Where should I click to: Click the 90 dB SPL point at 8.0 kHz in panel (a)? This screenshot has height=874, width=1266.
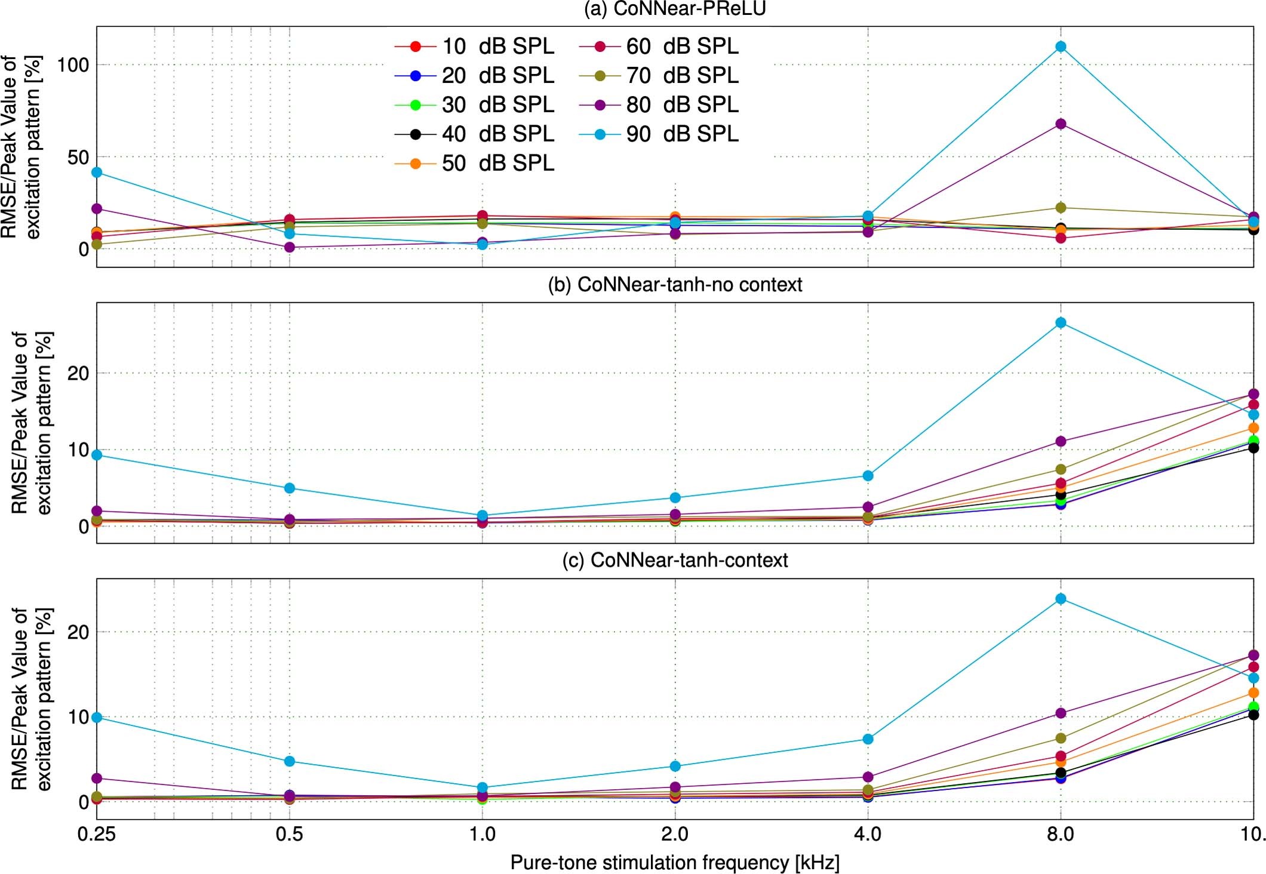coord(1061,47)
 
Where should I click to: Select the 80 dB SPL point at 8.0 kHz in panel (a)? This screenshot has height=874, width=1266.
coord(1061,124)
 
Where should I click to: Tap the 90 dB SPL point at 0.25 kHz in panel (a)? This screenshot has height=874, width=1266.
coord(97,173)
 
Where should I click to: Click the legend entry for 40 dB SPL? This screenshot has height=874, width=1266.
coord(475,134)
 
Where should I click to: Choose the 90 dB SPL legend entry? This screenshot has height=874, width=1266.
coord(659,134)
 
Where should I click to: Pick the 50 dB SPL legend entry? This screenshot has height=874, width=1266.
coord(475,163)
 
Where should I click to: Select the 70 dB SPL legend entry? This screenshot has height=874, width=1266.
coord(659,75)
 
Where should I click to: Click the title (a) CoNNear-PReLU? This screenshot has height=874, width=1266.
coord(675,9)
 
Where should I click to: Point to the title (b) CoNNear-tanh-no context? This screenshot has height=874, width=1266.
coord(675,285)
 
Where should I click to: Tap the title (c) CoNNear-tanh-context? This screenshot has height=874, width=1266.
coord(675,560)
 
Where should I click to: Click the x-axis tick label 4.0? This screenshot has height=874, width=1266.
coord(868,834)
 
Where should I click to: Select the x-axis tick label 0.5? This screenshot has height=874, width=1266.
coord(289,834)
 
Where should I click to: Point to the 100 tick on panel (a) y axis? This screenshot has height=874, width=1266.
coord(73,64)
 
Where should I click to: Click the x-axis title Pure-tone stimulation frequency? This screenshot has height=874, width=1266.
coord(675,863)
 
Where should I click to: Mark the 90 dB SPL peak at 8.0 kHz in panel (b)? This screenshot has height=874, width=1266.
coord(1061,323)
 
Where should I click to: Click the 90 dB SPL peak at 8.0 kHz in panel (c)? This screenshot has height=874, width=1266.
coord(1061,599)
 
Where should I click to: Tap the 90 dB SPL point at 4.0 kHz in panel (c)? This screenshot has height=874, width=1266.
coord(868,739)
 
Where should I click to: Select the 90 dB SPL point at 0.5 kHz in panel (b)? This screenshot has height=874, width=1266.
coord(289,488)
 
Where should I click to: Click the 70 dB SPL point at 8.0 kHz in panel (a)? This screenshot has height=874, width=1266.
coord(1061,208)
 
